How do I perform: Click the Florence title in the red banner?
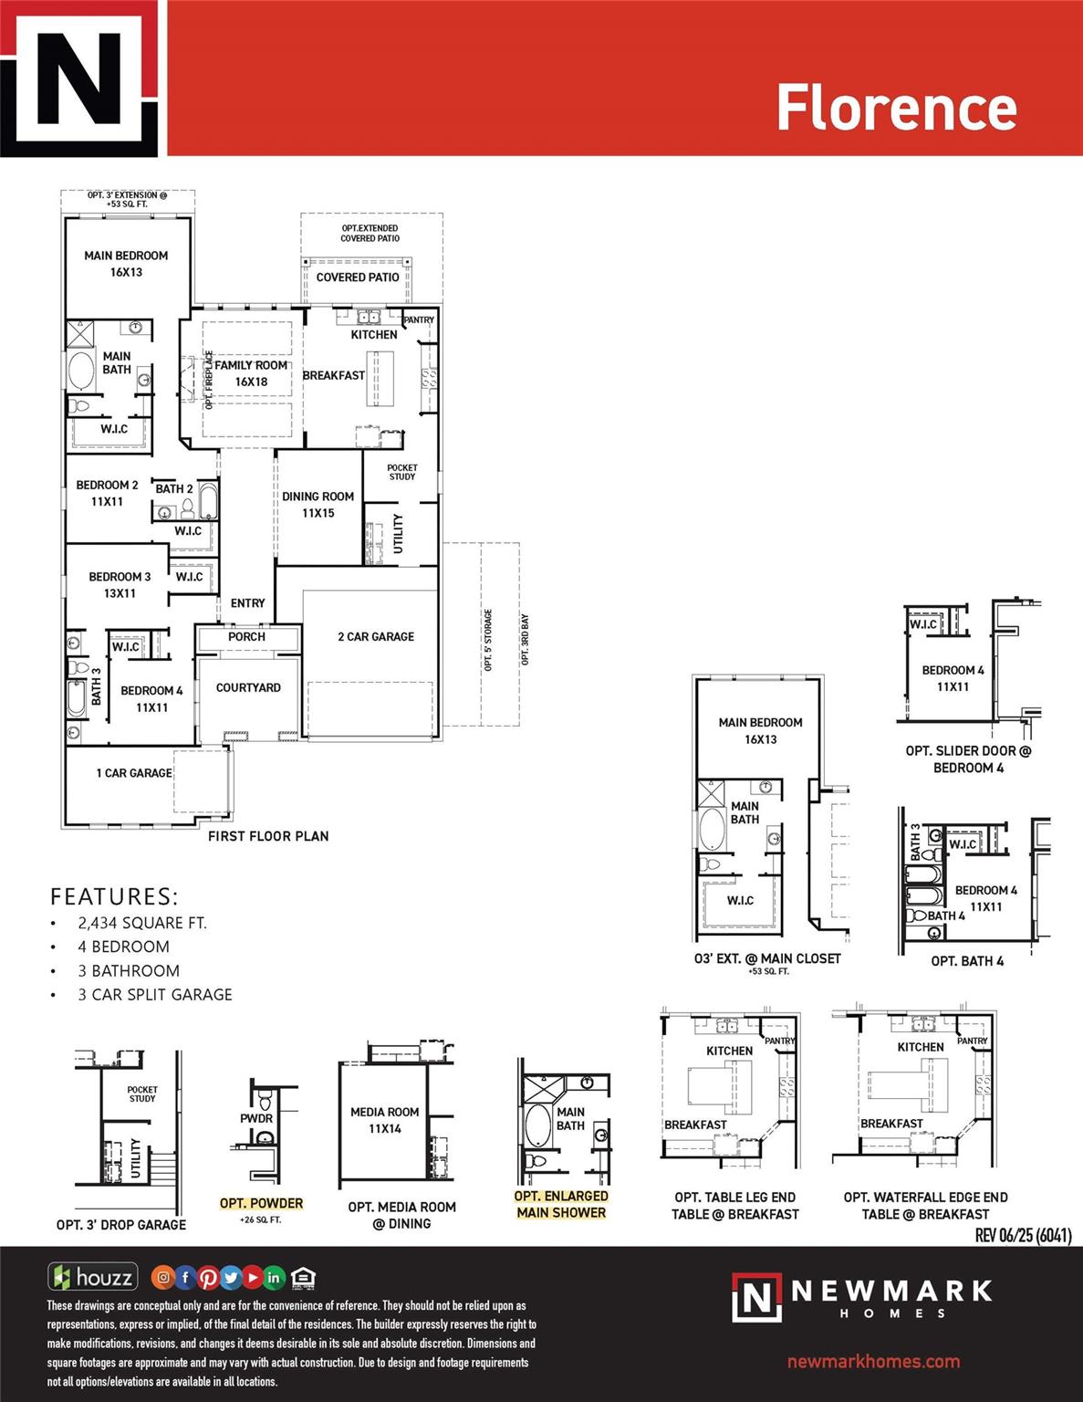tap(896, 108)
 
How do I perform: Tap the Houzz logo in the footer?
tap(93, 1277)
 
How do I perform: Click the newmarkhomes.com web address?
tap(873, 1362)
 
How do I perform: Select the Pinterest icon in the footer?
tap(208, 1278)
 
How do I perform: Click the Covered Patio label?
tap(358, 277)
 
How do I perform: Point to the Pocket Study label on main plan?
tap(401, 472)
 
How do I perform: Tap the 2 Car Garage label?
tap(376, 636)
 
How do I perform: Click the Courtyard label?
tap(248, 687)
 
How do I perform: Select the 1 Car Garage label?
tap(134, 773)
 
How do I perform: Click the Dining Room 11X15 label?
tap(318, 505)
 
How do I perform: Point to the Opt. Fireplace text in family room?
tap(209, 380)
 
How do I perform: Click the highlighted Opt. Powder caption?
tap(261, 1203)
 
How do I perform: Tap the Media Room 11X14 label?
tap(384, 1120)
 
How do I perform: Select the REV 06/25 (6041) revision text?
tap(1023, 1235)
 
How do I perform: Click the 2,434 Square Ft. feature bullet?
tap(142, 923)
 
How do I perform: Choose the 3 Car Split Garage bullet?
tap(155, 995)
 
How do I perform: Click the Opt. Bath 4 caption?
tap(967, 961)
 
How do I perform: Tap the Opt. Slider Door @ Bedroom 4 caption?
tap(968, 759)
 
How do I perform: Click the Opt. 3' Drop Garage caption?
tap(121, 1225)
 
